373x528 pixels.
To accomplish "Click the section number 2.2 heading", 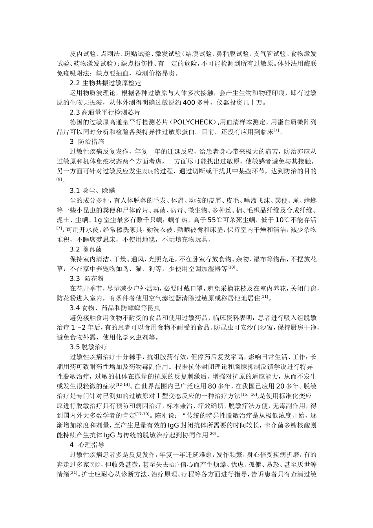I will tap(74, 83).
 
